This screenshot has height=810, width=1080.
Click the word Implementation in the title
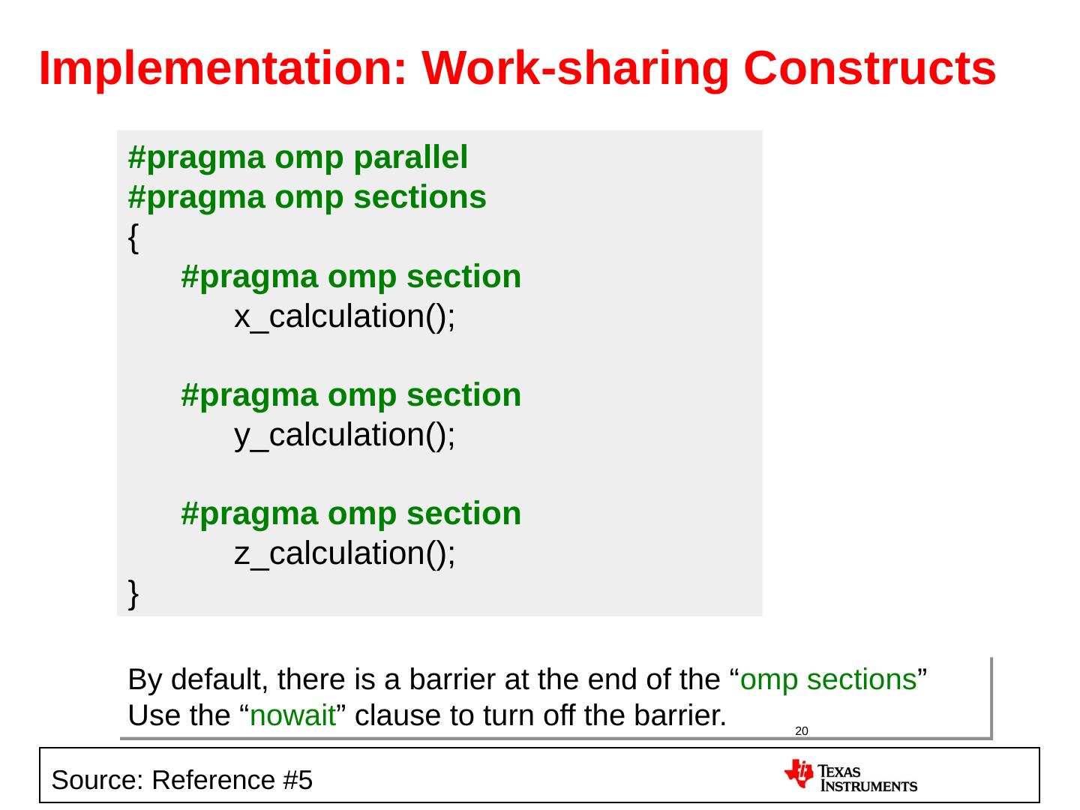(x=223, y=68)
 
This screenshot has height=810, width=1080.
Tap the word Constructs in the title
(x=870, y=68)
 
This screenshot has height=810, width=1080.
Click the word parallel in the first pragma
(x=411, y=157)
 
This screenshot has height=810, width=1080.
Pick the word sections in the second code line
(x=420, y=197)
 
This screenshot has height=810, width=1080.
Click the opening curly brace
(x=133, y=238)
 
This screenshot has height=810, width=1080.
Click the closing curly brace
(x=133, y=594)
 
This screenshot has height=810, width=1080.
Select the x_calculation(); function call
(x=345, y=316)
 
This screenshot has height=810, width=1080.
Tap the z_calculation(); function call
(x=345, y=553)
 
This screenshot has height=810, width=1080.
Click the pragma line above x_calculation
(x=351, y=277)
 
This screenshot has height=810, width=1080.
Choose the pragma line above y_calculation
(x=351, y=395)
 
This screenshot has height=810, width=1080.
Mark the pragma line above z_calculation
(x=351, y=514)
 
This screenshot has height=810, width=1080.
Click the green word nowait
(x=292, y=715)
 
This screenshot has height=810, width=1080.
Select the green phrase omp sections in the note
(x=829, y=680)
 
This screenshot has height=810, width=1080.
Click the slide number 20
(x=802, y=731)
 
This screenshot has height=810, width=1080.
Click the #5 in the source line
(x=298, y=780)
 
